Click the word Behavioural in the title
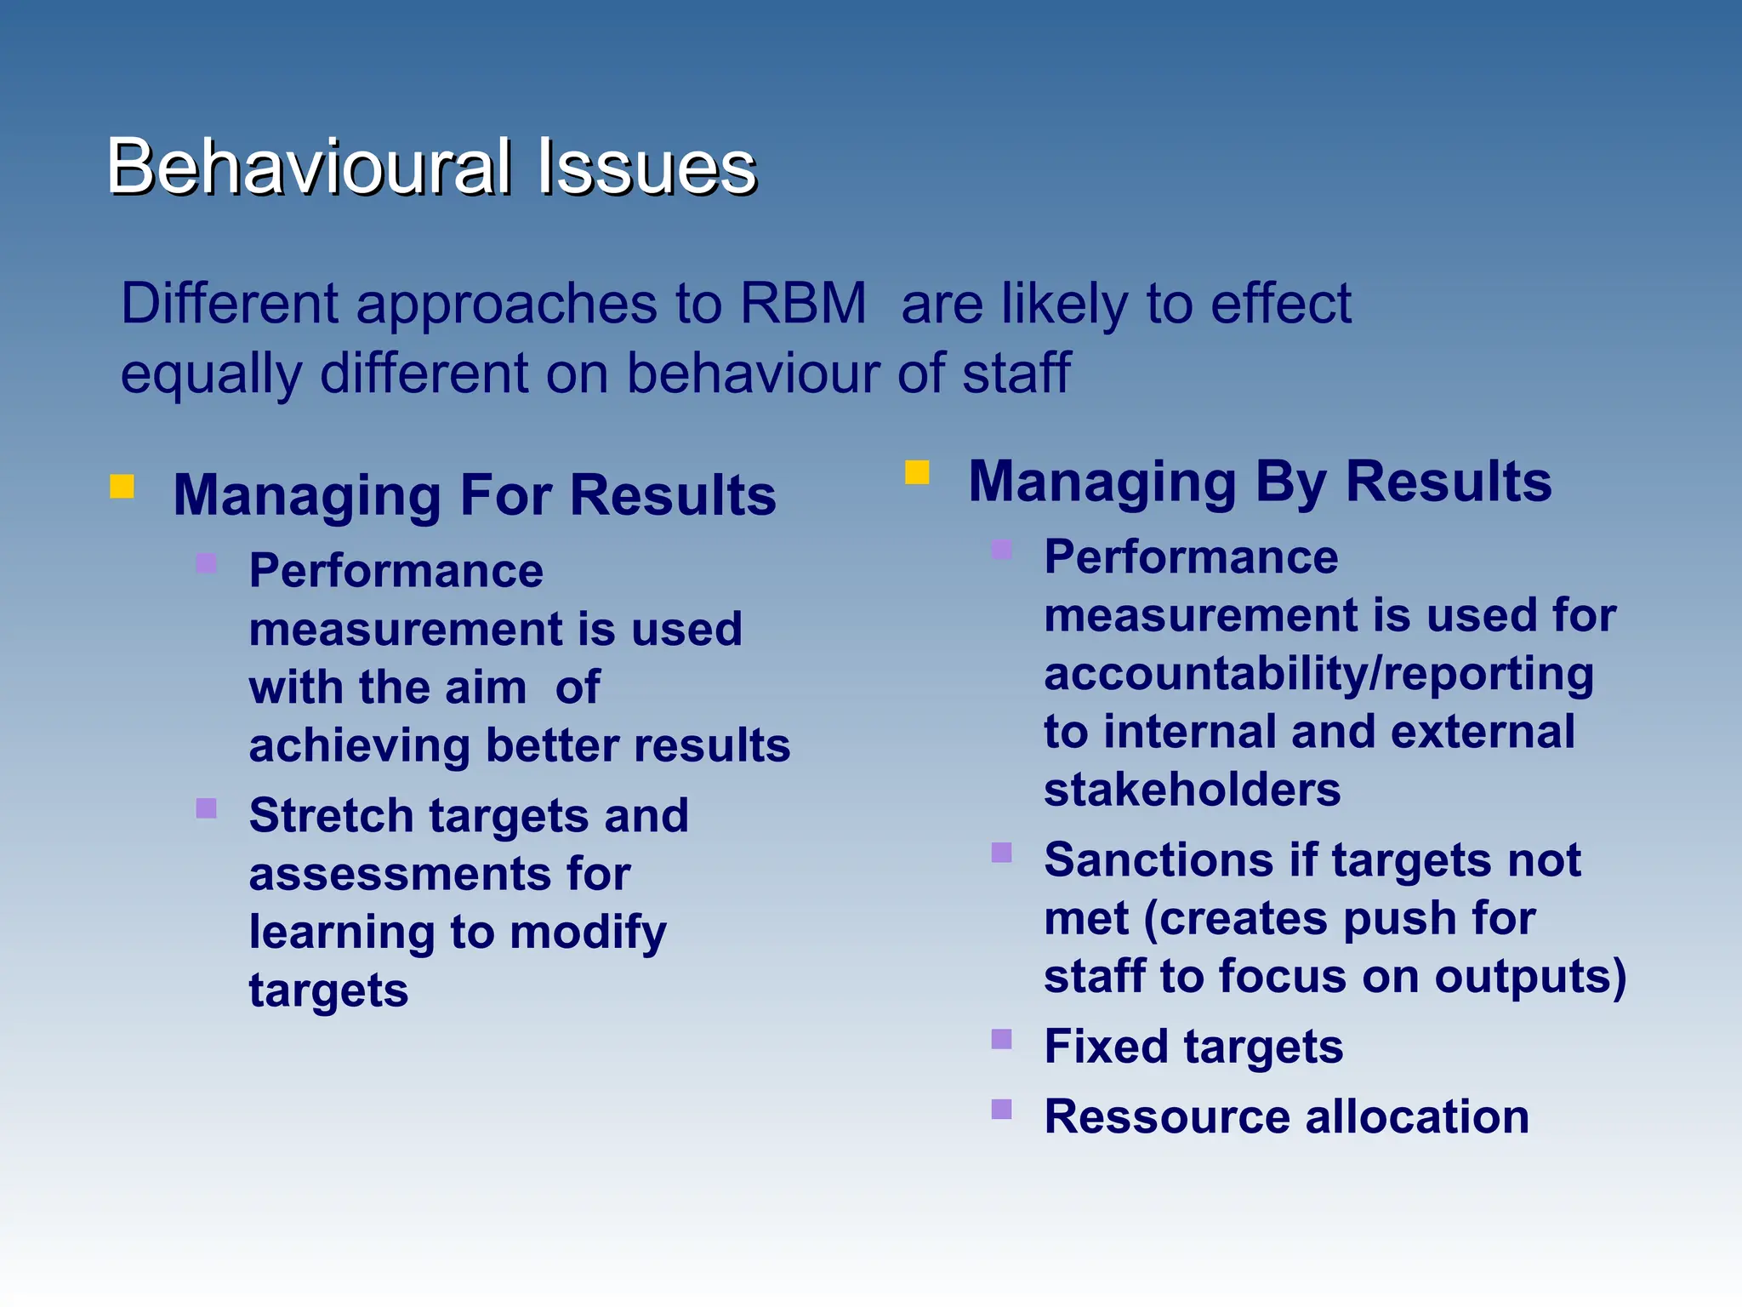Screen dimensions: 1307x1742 pos(309,167)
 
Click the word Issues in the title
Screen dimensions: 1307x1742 pos(646,167)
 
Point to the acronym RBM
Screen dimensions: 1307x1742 pos(803,304)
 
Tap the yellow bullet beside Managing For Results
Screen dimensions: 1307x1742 pos(122,486)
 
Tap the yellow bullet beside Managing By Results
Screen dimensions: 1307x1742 pos(917,472)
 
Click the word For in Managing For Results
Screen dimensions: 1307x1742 pos(506,495)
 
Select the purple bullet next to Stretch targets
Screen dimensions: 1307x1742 pos(206,808)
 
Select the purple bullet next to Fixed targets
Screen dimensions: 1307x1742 pos(1001,1039)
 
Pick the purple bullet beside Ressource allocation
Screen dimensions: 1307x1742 pos(1001,1109)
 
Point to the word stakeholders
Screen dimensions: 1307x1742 pos(1192,790)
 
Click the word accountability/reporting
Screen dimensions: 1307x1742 pos(1318,674)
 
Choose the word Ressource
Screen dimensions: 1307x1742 pos(1166,1117)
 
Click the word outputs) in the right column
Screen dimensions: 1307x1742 pos(1530,977)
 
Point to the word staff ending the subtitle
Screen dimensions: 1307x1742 pos(1016,374)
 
